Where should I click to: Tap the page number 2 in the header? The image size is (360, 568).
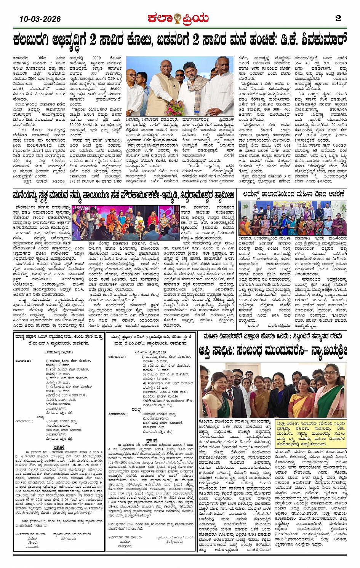(x=338, y=18)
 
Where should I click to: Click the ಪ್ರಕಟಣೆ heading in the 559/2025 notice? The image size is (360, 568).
(x=59, y=448)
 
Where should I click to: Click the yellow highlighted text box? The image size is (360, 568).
(x=311, y=434)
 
